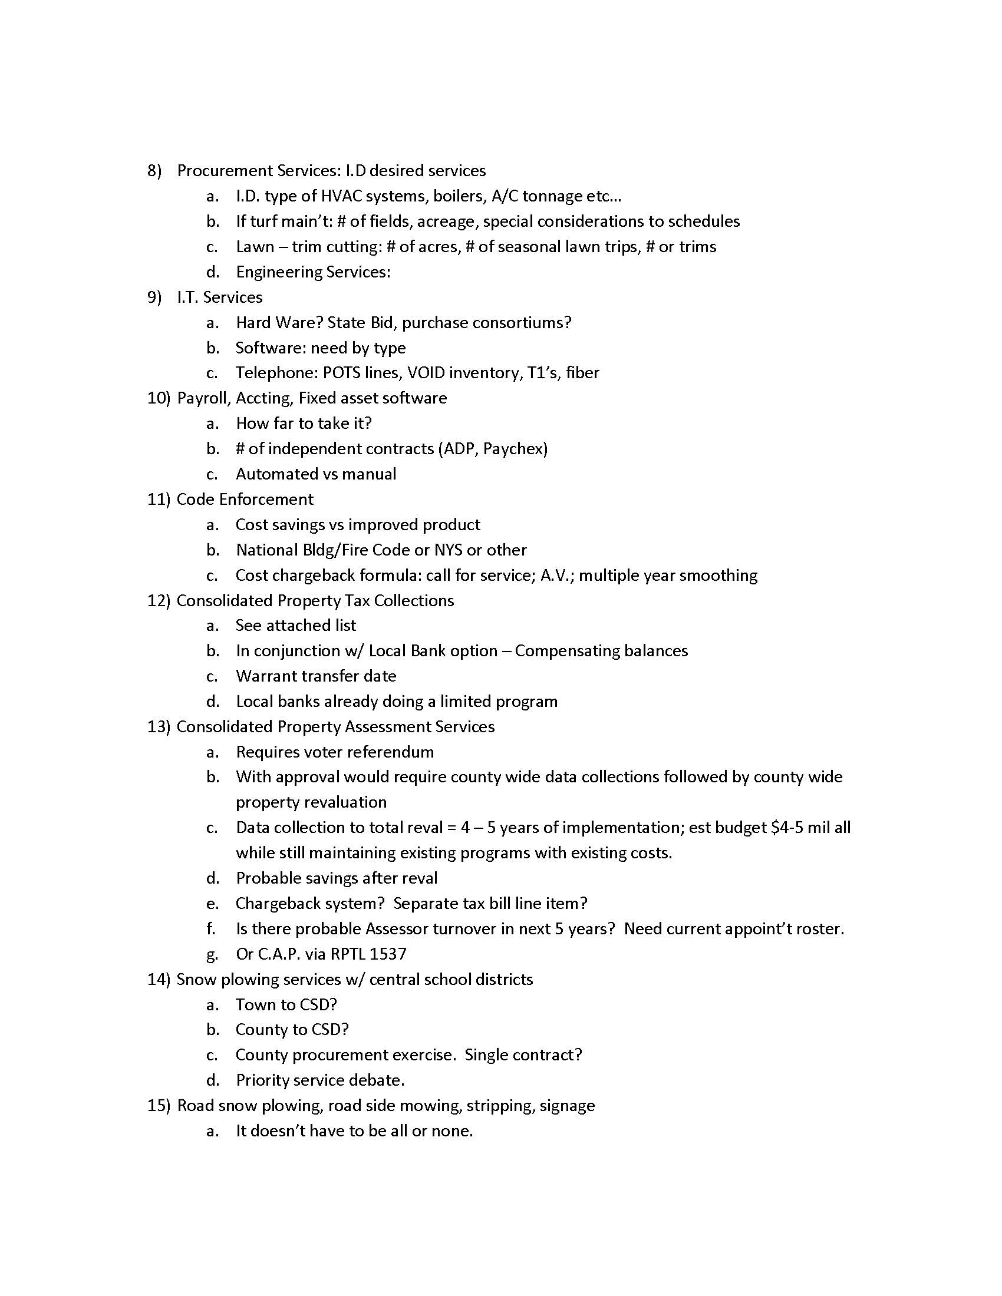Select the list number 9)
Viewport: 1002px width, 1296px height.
[x=154, y=297]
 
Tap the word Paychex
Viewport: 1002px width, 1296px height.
[x=515, y=449]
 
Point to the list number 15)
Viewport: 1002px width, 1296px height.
[x=159, y=1106]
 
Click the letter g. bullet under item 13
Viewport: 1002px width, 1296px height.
[x=212, y=954]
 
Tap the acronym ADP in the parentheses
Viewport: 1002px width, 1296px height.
[x=460, y=449]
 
